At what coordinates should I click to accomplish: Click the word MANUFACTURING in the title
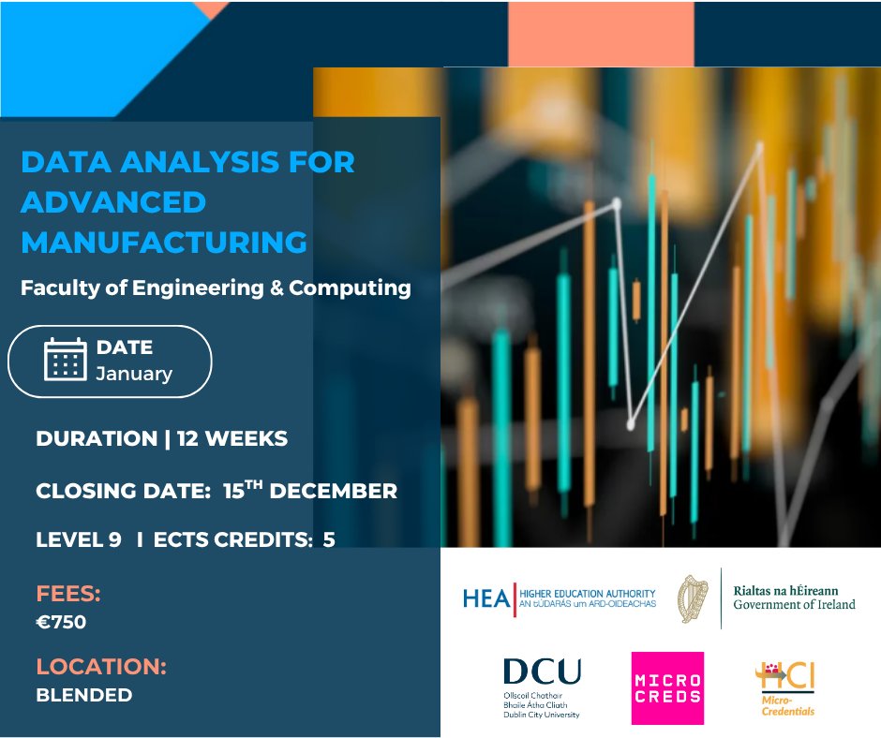164,242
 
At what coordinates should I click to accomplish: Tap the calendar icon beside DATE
65,359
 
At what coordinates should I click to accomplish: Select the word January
134,374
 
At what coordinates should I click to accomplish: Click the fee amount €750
61,621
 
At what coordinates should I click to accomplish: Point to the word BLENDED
83,695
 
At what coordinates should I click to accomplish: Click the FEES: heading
67,594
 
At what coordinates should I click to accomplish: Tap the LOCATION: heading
101,667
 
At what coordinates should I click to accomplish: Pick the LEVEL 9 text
79,539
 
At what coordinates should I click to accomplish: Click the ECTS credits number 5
329,539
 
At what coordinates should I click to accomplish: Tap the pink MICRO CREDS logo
667,688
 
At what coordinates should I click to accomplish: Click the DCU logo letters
541,672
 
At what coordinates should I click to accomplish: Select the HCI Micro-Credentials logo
785,687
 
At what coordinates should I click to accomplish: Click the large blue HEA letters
486,598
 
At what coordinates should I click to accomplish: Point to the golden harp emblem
693,598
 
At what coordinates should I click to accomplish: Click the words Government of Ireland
794,605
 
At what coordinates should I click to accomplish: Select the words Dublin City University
541,715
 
